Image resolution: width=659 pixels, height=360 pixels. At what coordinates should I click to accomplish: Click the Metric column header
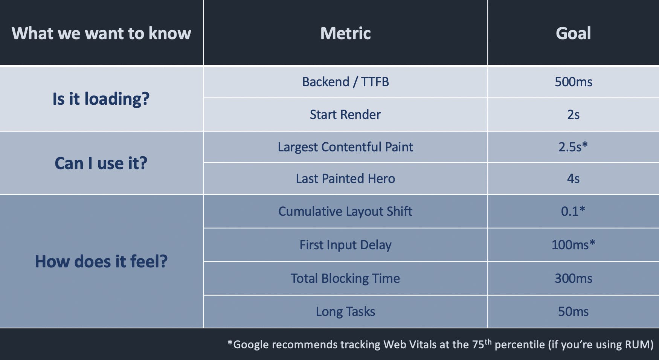pyautogui.click(x=345, y=33)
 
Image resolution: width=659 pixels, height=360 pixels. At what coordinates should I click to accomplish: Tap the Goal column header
pyautogui.click(x=573, y=33)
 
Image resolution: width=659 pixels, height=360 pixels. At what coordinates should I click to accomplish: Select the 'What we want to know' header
pyautogui.click(x=101, y=33)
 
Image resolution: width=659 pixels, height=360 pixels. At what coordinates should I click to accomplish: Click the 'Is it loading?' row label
pyautogui.click(x=101, y=99)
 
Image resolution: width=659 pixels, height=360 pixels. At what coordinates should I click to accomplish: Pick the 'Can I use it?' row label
pyautogui.click(x=101, y=163)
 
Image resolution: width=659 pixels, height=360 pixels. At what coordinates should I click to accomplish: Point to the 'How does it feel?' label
pyautogui.click(x=101, y=261)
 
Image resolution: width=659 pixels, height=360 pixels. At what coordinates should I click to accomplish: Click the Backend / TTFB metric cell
pyautogui.click(x=345, y=82)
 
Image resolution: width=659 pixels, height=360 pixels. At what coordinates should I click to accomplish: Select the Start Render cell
pyautogui.click(x=345, y=114)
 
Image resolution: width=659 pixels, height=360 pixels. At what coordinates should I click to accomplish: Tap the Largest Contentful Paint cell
pyautogui.click(x=345, y=147)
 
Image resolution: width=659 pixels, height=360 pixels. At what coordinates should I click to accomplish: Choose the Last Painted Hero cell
pyautogui.click(x=345, y=178)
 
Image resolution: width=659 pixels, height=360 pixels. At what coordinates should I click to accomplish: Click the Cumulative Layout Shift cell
pyautogui.click(x=345, y=211)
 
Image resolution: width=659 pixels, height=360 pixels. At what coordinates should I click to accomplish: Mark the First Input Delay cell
pyautogui.click(x=345, y=245)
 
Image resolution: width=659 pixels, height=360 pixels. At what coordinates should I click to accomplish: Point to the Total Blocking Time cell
pyautogui.click(x=345, y=278)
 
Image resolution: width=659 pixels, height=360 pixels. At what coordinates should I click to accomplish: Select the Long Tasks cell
pyautogui.click(x=345, y=311)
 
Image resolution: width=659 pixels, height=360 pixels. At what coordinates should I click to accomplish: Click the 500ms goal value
pyautogui.click(x=573, y=82)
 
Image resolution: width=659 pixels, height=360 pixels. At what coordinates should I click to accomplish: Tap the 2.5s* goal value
pyautogui.click(x=573, y=147)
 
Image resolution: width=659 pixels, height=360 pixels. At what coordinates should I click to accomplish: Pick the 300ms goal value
pyautogui.click(x=573, y=278)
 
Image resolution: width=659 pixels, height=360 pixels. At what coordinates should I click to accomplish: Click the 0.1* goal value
pyautogui.click(x=573, y=211)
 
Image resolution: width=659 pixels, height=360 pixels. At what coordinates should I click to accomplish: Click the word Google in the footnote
pyautogui.click(x=251, y=345)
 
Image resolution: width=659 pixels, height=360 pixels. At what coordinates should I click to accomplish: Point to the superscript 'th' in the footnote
pyautogui.click(x=488, y=342)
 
